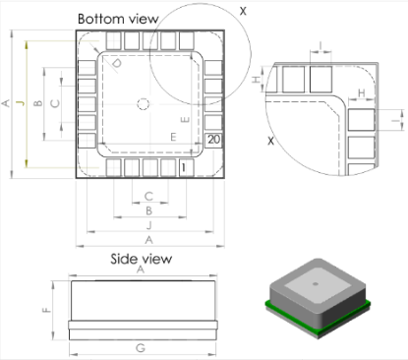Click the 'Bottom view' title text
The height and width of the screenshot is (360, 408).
(x=119, y=18)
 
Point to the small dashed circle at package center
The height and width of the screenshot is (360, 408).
(x=144, y=103)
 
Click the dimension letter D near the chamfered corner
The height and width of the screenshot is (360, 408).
(x=117, y=66)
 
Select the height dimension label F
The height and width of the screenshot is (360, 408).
(x=46, y=309)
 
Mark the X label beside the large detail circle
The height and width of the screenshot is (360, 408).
(x=243, y=11)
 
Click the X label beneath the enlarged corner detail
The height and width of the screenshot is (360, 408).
(x=272, y=141)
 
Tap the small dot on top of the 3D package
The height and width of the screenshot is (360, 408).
(x=316, y=282)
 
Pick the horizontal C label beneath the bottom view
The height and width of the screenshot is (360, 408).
(x=147, y=196)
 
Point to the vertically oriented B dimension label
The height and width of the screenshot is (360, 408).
(x=36, y=103)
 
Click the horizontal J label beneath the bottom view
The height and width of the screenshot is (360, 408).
(x=147, y=224)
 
